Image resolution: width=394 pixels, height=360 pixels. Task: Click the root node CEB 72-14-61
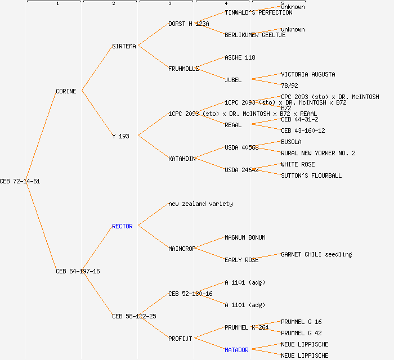point(20,181)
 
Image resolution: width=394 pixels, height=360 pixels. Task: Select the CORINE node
point(66,91)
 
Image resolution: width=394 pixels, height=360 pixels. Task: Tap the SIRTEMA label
point(124,46)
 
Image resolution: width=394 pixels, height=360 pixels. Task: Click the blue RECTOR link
point(122,226)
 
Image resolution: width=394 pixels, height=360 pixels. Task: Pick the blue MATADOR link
point(236,350)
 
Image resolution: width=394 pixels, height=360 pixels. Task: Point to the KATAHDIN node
point(182,159)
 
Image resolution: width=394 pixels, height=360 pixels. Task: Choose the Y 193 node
point(120,136)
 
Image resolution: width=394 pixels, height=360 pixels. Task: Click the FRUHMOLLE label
point(183,69)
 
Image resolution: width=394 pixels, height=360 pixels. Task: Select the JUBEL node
point(233,80)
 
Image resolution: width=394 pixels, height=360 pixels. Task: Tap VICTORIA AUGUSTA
point(308,74)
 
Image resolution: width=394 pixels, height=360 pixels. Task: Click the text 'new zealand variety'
point(200,204)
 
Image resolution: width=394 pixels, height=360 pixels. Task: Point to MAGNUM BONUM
point(245,237)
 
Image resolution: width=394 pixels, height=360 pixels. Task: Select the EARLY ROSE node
point(241,260)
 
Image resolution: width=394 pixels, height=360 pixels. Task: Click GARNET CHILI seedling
point(316,254)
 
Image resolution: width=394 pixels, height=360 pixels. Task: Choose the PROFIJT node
point(180,339)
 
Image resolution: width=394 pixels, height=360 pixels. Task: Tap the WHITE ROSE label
point(298,164)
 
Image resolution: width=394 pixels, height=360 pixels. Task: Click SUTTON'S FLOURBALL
point(311,175)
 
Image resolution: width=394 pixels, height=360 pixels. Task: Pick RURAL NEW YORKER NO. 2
point(318,153)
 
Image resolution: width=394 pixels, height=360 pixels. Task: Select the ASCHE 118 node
point(240,57)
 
